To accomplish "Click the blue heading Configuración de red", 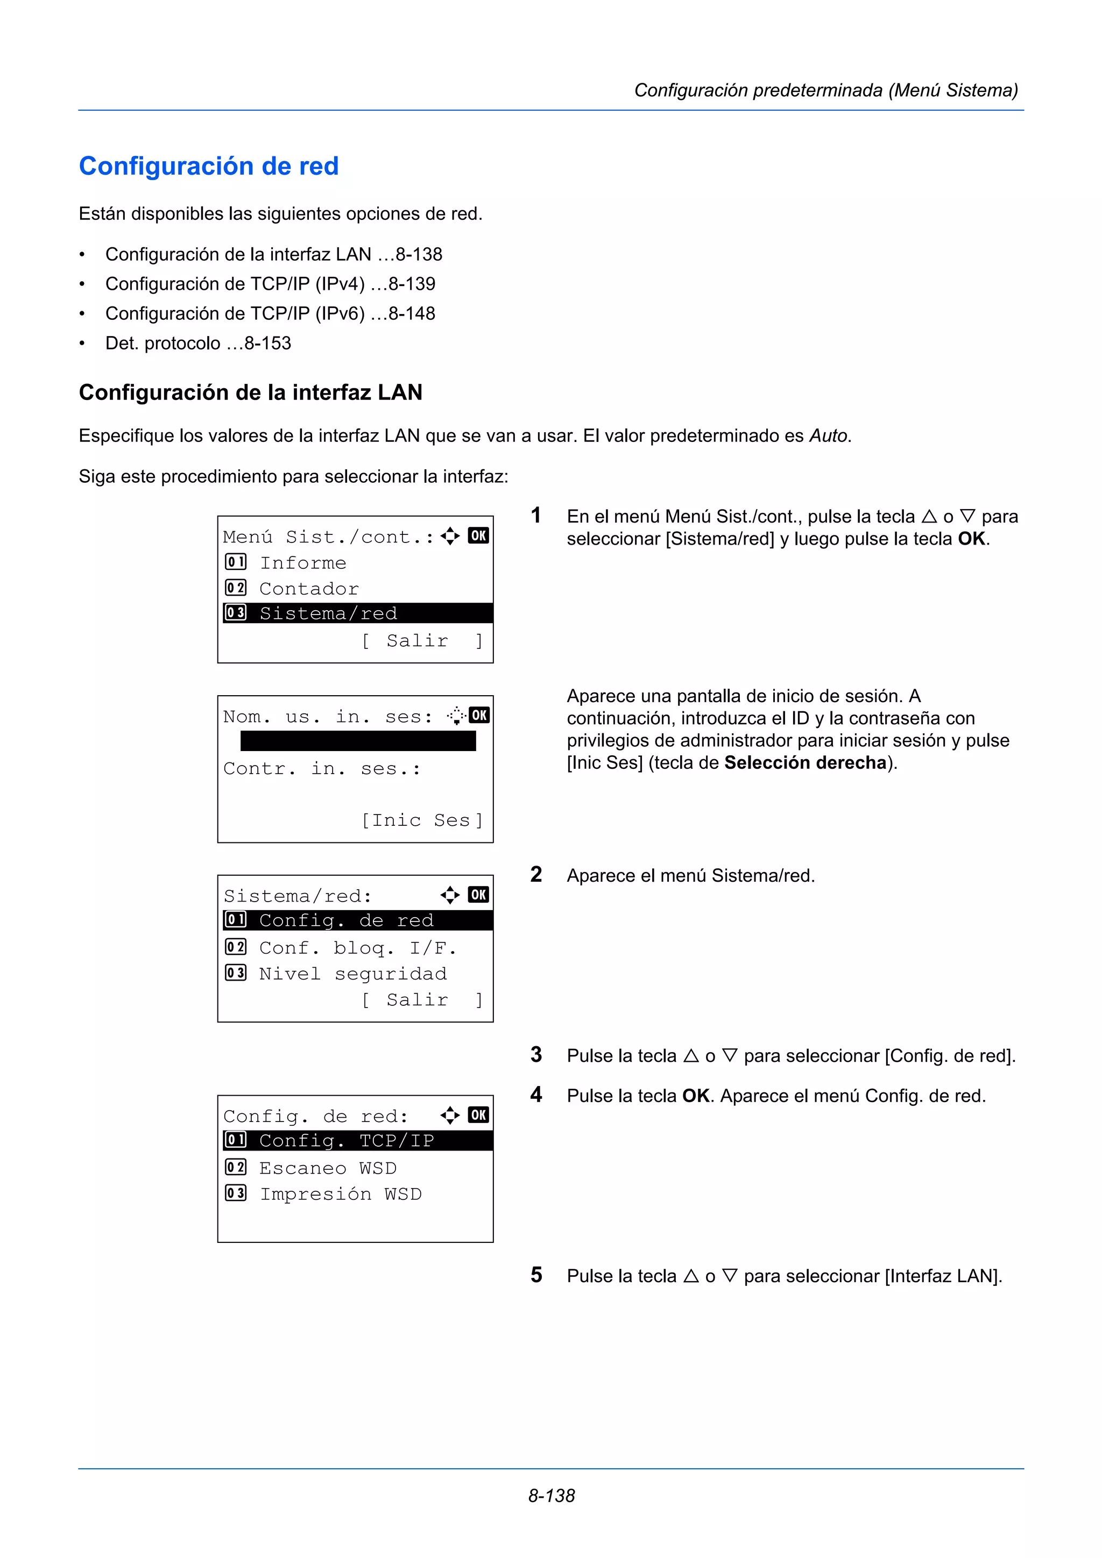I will tap(208, 166).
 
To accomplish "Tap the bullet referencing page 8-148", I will tap(270, 313).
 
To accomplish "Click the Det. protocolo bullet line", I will tap(197, 344).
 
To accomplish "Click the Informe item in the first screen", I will tap(303, 562).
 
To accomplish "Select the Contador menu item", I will tap(308, 588).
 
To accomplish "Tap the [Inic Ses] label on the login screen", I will tap(422, 820).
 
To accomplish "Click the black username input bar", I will tap(358, 740).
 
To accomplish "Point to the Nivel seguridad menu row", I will tap(352, 974).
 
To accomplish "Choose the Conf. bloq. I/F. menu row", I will tap(357, 947).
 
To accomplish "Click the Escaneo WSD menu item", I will tap(327, 1168).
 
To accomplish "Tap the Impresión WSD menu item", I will tap(340, 1194).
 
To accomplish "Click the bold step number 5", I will tap(536, 1275).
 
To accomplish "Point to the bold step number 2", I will tap(536, 875).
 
